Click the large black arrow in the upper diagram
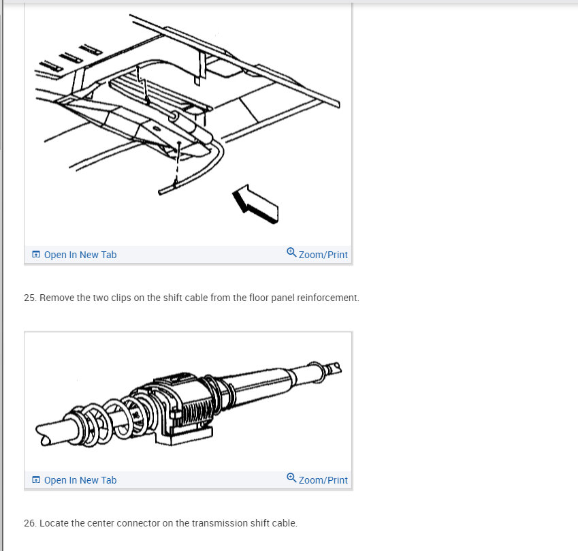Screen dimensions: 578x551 pyautogui.click(x=255, y=204)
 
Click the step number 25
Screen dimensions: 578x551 pyautogui.click(x=30, y=298)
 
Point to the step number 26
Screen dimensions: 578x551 pyautogui.click(x=30, y=523)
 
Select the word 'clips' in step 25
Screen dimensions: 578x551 pyautogui.click(x=121, y=298)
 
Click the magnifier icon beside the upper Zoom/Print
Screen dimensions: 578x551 pyautogui.click(x=291, y=252)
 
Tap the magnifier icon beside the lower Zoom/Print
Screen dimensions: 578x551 pyautogui.click(x=291, y=477)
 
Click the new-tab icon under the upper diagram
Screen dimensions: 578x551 pyautogui.click(x=36, y=255)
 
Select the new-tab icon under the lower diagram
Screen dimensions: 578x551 pyautogui.click(x=36, y=479)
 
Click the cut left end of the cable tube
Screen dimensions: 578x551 pyautogui.click(x=42, y=436)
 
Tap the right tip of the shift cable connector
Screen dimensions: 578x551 pyautogui.click(x=338, y=368)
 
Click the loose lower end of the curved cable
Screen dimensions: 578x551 pyautogui.click(x=161, y=192)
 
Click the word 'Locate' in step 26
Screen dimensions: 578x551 pyautogui.click(x=51, y=523)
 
